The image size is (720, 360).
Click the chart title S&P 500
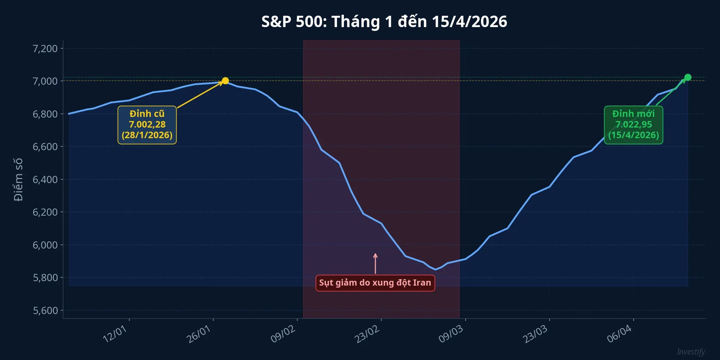(384, 22)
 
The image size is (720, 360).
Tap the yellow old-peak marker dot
(225, 81)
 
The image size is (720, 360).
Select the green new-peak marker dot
(688, 77)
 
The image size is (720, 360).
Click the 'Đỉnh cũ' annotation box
(147, 125)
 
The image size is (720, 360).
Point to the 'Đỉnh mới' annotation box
(633, 125)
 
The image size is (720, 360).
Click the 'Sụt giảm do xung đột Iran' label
(375, 283)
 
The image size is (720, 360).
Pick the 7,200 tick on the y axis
(45, 49)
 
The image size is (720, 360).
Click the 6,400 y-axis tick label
(45, 180)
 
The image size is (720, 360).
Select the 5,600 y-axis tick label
(45, 311)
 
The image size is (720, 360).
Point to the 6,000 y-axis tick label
(45, 245)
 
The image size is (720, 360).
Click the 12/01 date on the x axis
(115, 334)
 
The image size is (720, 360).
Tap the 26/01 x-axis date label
(199, 334)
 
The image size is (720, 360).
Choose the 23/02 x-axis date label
(367, 334)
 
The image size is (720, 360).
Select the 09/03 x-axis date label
(451, 334)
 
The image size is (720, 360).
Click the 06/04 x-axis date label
(620, 334)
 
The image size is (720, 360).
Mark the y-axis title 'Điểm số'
(18, 180)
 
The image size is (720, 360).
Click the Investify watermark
(691, 352)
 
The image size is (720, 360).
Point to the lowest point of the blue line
(435, 269)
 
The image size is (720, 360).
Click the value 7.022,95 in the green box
(633, 124)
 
